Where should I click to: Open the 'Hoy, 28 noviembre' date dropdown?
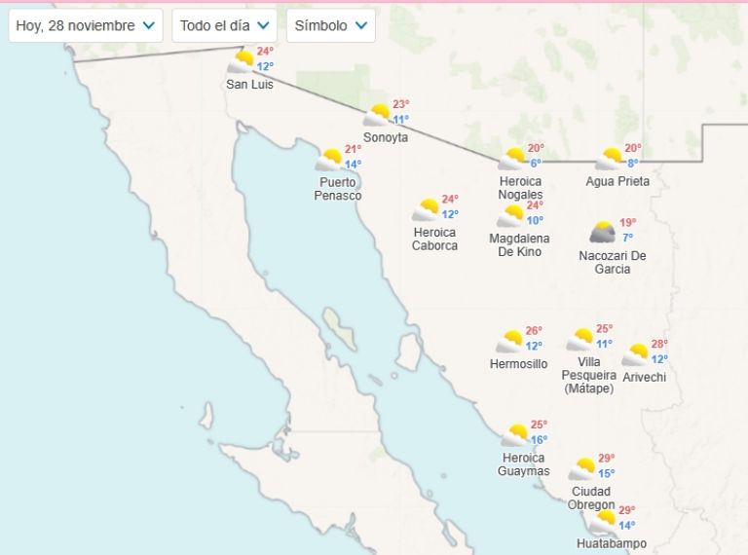[x=86, y=25]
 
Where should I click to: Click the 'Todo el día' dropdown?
[x=224, y=25]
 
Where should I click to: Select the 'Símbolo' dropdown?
[x=331, y=25]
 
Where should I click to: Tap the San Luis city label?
[x=249, y=85]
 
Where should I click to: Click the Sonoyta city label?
[x=386, y=137]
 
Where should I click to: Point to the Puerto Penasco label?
[x=338, y=189]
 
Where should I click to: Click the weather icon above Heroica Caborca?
[x=426, y=210]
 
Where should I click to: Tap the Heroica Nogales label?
[x=520, y=188]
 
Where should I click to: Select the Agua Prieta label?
[x=617, y=182]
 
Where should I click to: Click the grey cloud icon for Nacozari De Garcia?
[x=603, y=233]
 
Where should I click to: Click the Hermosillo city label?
[x=518, y=364]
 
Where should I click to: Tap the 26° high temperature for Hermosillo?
[x=534, y=331]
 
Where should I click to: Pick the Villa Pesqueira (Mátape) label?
[x=589, y=375]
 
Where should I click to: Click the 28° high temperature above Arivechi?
[x=659, y=345]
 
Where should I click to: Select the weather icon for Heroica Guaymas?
[x=515, y=435]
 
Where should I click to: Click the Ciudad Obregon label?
[x=592, y=498]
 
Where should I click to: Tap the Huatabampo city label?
[x=611, y=544]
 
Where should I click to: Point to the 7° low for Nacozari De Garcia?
[x=628, y=238]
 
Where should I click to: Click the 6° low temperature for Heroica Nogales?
[x=535, y=164]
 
